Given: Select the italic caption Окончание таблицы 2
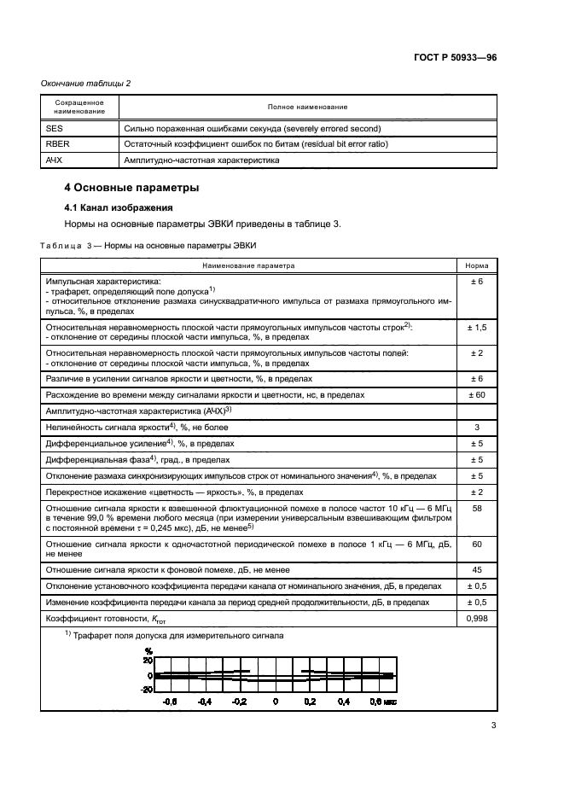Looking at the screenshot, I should (x=86, y=83).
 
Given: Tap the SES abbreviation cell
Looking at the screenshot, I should (x=54, y=128).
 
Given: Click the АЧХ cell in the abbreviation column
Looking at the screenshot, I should (x=55, y=160).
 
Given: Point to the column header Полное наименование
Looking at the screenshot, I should (x=307, y=107).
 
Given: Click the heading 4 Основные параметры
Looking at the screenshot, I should (x=131, y=188).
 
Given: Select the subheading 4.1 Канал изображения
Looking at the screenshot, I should (x=119, y=207).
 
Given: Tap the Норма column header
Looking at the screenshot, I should (x=477, y=265).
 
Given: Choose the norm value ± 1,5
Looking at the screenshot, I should (x=477, y=328).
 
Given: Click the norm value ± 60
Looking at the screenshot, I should (x=477, y=395).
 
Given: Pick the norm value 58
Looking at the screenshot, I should (x=477, y=508).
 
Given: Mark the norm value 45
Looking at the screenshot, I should (x=477, y=569).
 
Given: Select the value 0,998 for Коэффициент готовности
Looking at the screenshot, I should (x=477, y=618).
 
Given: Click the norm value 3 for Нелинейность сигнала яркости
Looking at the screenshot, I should (x=477, y=427).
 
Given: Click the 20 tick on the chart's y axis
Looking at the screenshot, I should (x=148, y=660).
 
